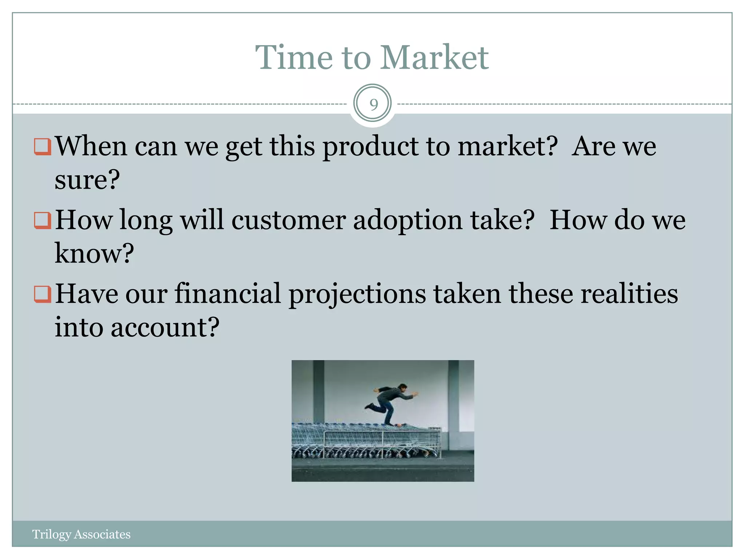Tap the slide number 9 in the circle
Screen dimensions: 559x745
point(372,104)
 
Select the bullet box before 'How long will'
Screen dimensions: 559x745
point(42,220)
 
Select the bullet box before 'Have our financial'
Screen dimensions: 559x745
point(42,294)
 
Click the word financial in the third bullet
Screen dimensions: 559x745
point(228,294)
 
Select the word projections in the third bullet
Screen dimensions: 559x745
point(357,294)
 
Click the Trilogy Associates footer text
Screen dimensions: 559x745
point(81,534)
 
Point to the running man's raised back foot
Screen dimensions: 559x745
point(368,407)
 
